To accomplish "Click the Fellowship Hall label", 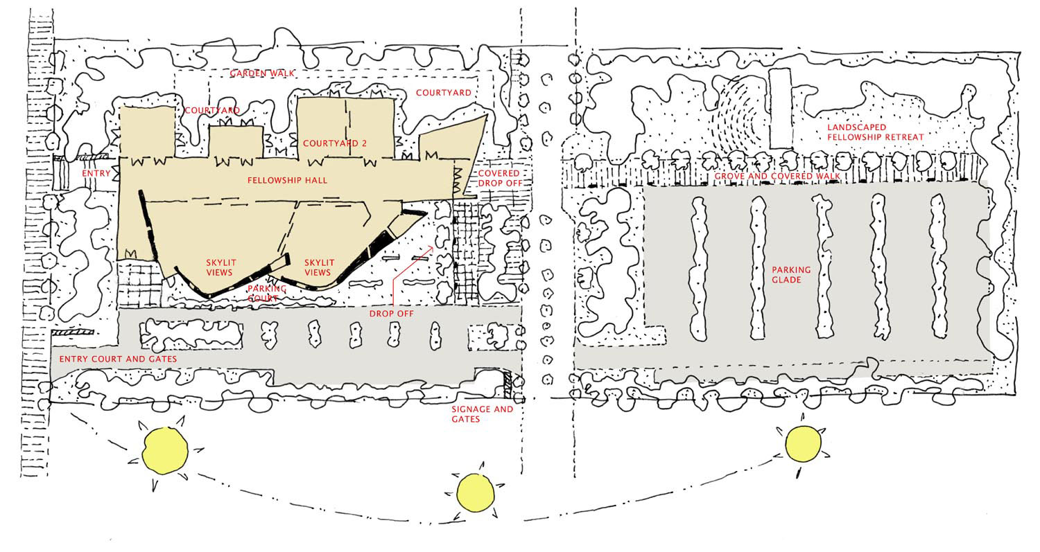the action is (287, 180).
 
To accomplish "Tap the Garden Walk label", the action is (262, 73).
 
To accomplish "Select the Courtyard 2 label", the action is (335, 143).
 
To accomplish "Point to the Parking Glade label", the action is (791, 274).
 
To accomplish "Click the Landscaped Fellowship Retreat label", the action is (875, 132).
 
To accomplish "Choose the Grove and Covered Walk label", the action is (777, 177).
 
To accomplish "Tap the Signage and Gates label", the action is (482, 413).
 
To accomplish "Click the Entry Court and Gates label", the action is (118, 359).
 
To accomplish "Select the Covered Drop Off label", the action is (500, 178).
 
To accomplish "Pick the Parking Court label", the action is (266, 293).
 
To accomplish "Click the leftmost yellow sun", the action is (165, 450).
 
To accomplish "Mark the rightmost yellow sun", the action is (803, 443).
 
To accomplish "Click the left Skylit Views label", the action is (220, 267).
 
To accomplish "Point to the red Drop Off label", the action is (392, 314).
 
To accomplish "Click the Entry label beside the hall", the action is (96, 173).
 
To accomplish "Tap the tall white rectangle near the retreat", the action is (780, 108).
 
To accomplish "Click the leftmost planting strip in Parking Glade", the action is (699, 269).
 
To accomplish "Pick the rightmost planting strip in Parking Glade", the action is (938, 266).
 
